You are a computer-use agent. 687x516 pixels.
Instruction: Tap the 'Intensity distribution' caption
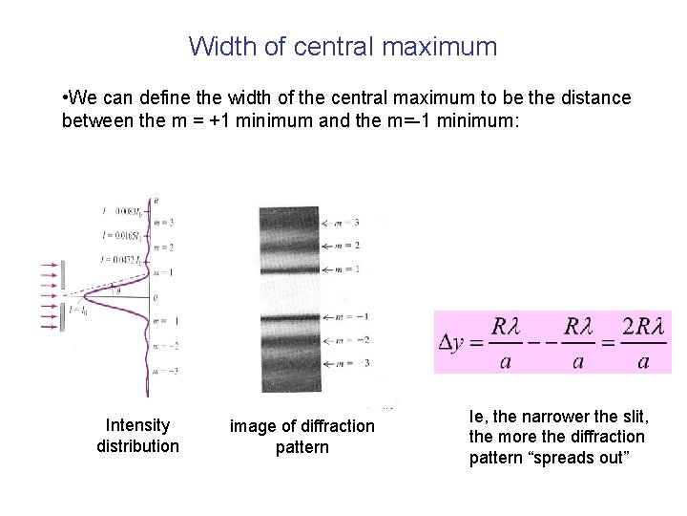[x=137, y=436]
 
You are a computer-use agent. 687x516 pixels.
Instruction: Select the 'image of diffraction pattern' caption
[x=302, y=437]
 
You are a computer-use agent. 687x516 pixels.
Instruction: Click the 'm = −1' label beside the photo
[x=354, y=316]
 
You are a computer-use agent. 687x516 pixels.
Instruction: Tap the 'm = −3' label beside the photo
[x=354, y=363]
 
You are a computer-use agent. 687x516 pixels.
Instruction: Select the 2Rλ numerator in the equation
[x=643, y=327]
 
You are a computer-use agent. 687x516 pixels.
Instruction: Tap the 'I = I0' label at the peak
[x=78, y=310]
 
